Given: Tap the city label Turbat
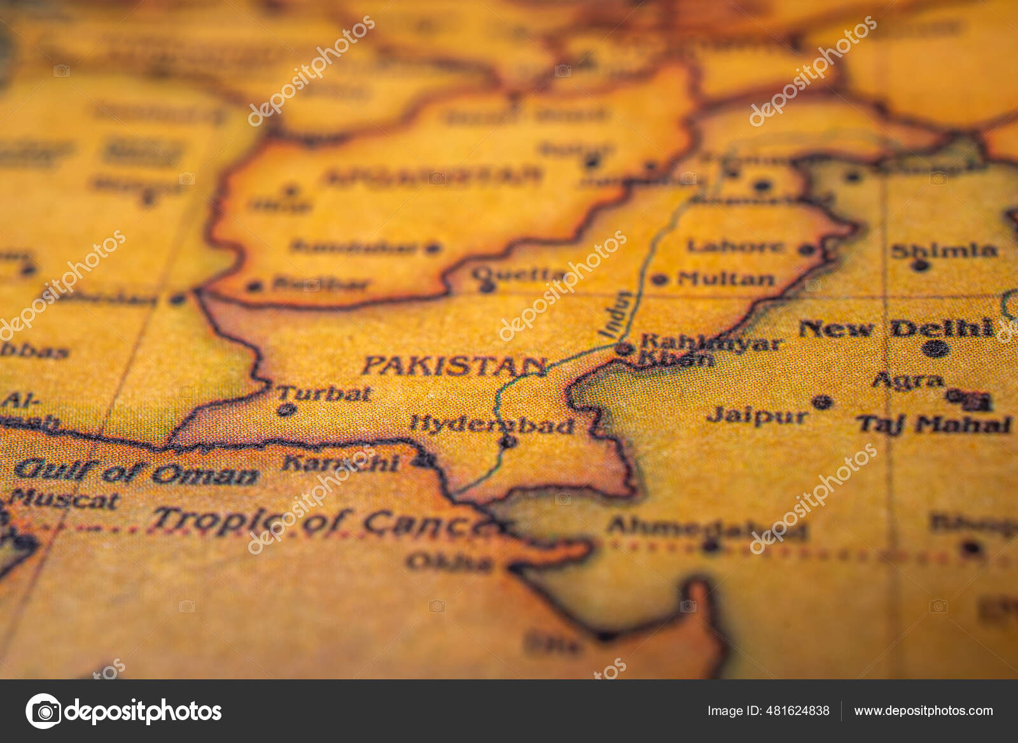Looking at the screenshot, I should [x=324, y=394].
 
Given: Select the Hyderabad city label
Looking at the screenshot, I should [x=492, y=425].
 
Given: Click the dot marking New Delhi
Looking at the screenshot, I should [x=936, y=348].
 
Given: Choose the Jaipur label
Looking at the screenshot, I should [x=757, y=416].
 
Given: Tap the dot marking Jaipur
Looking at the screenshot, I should [x=822, y=402].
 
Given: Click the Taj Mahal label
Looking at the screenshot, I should [x=933, y=425].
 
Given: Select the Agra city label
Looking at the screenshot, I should [x=908, y=381].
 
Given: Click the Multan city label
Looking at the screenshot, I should [x=726, y=278].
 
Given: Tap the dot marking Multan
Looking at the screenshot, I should [x=659, y=279].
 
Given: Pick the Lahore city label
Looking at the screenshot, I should [x=735, y=246].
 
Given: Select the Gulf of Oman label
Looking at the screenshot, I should [x=136, y=472].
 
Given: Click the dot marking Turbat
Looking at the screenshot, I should [x=286, y=410].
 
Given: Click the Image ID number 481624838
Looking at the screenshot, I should [x=768, y=711].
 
